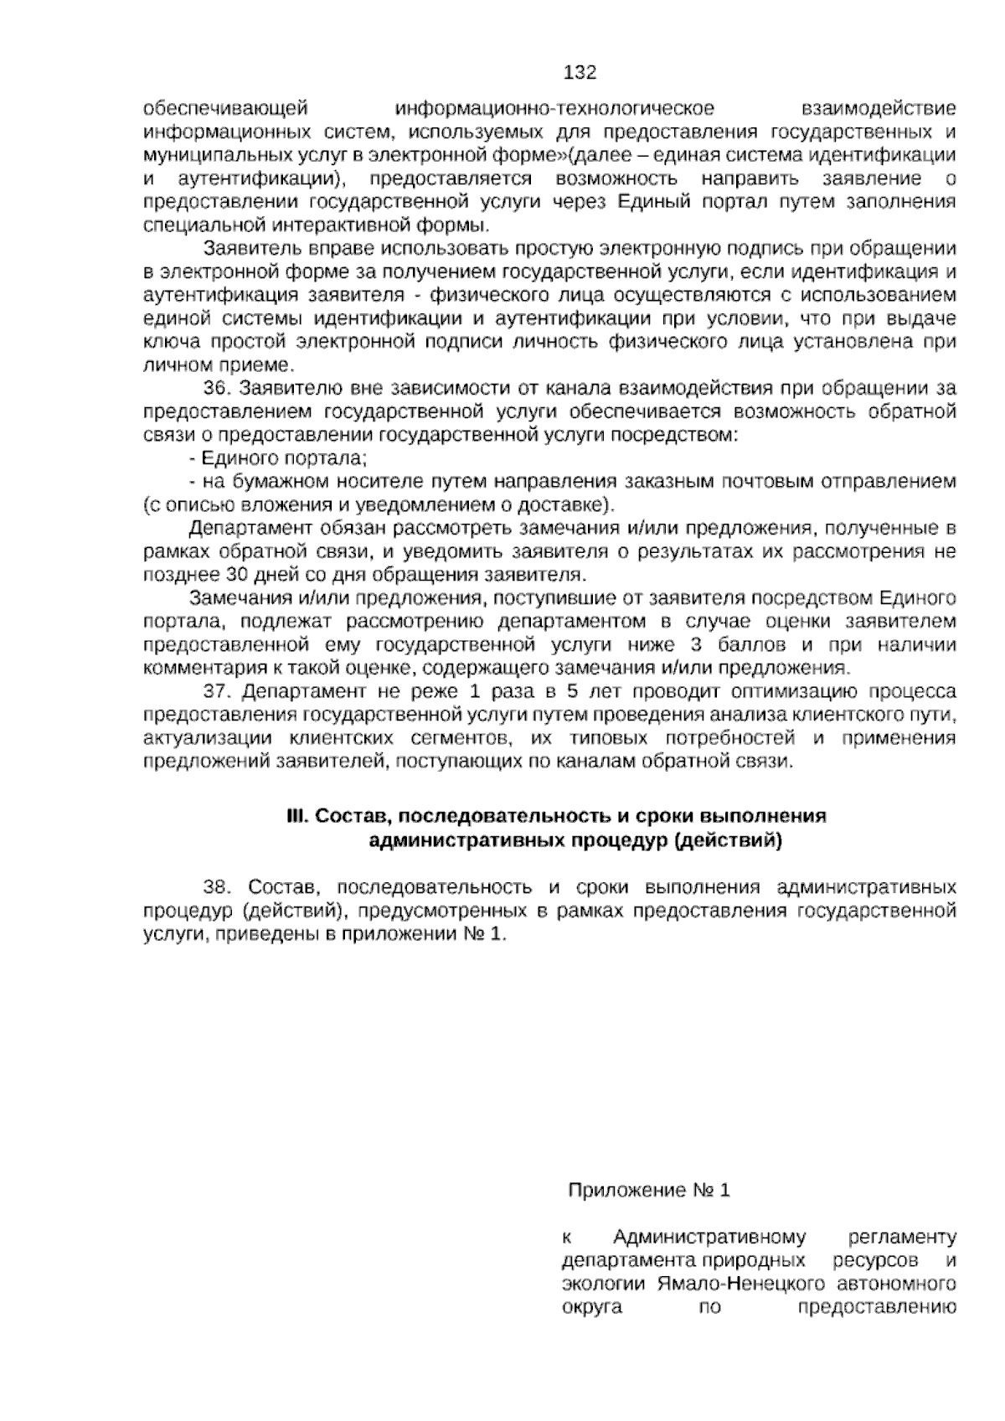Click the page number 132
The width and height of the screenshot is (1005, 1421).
(x=580, y=73)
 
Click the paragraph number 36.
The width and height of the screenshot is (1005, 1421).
(x=216, y=388)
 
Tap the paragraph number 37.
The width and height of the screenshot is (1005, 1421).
(x=216, y=691)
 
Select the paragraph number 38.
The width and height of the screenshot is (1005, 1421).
(x=216, y=887)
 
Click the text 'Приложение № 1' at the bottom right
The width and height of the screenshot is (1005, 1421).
(x=649, y=1191)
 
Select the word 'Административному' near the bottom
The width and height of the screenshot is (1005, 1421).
(x=709, y=1238)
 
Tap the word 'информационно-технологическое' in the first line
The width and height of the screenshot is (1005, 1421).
(x=554, y=109)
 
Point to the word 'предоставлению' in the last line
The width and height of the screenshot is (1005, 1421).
(x=878, y=1308)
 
